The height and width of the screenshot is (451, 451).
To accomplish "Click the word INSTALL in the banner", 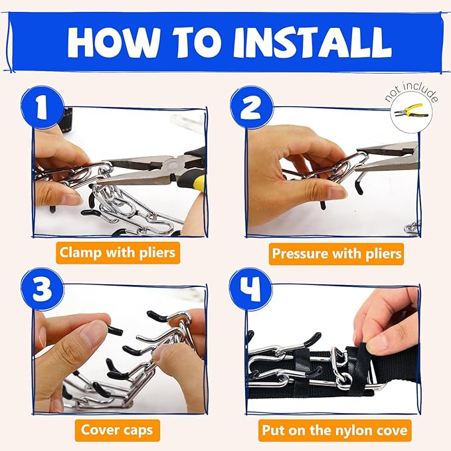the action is tap(313, 43).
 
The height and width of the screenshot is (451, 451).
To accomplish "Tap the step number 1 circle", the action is tap(42, 107).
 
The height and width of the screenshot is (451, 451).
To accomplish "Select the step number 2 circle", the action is tap(252, 107).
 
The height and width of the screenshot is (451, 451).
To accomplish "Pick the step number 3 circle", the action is tap(42, 289).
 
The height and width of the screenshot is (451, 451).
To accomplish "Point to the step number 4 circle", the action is tap(250, 289).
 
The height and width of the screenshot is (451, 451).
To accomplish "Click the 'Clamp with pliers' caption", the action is tap(118, 253).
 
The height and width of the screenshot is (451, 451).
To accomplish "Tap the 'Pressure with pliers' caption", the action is tap(336, 254).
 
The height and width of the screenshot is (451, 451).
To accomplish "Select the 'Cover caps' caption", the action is tap(117, 430).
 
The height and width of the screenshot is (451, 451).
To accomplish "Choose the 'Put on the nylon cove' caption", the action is tap(335, 430).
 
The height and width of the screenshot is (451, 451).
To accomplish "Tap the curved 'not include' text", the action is tap(412, 92).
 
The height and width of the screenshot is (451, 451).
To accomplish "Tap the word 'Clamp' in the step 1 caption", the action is tap(80, 253).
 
